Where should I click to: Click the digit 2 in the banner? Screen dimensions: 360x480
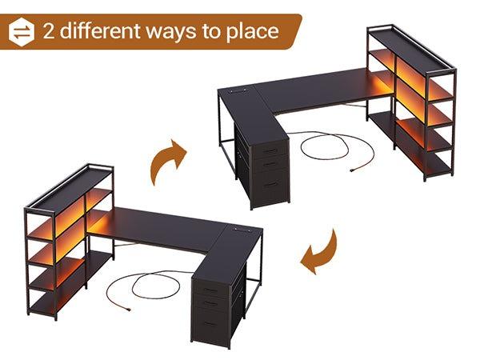pos(49,31)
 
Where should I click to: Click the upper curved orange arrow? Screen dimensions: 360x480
pos(167,159)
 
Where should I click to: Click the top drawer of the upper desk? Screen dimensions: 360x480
pos(271,150)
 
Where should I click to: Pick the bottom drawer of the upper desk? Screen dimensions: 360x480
pos(271,186)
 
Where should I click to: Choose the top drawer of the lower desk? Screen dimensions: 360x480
pos(210,289)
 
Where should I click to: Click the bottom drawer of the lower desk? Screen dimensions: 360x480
pos(210,325)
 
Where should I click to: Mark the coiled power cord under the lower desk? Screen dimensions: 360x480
pos(144,284)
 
